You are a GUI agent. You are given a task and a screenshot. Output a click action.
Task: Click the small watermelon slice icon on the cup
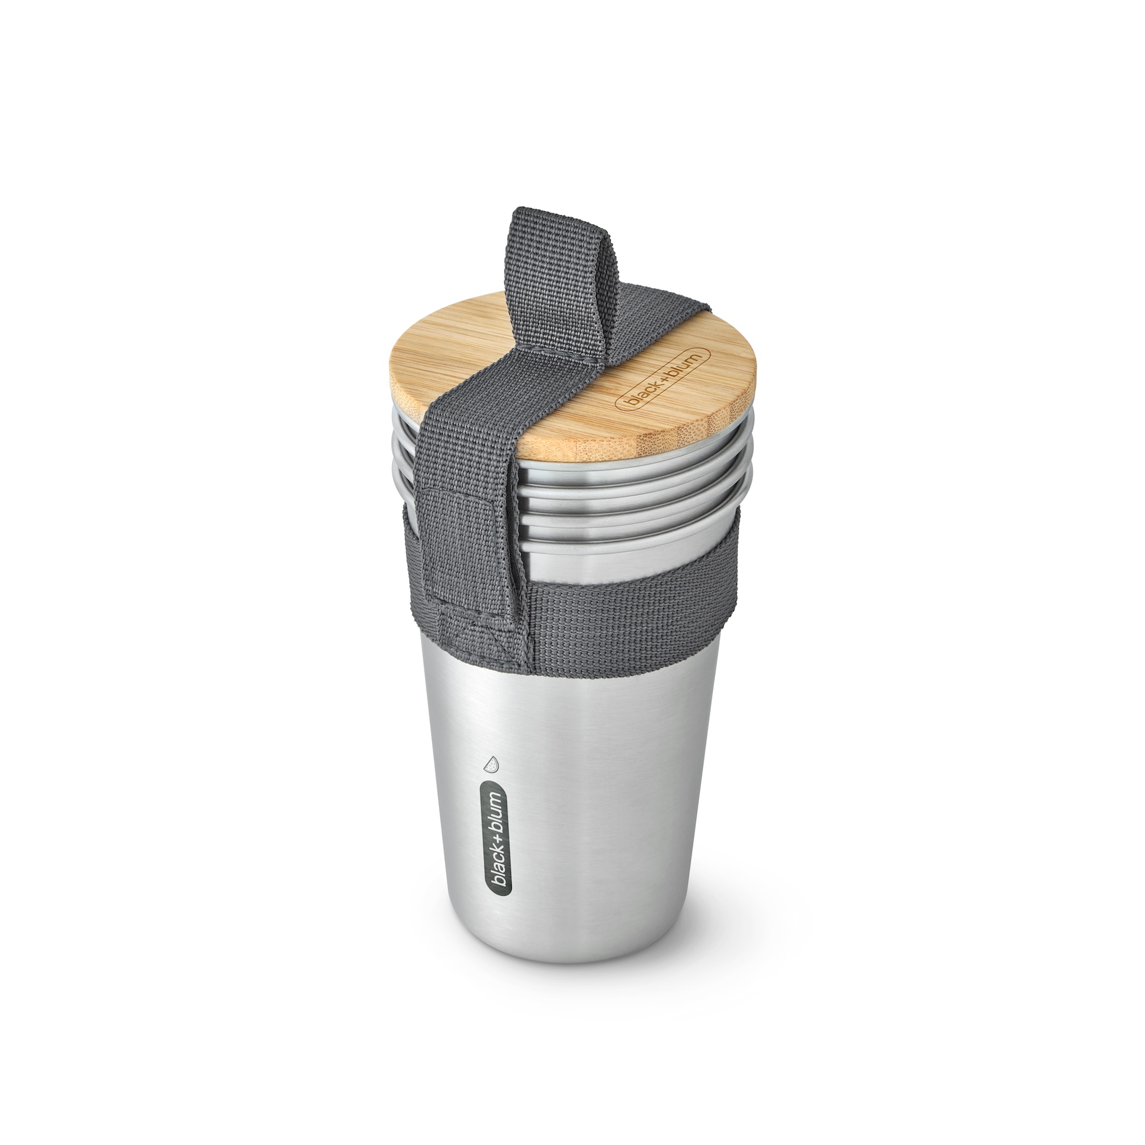491,765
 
